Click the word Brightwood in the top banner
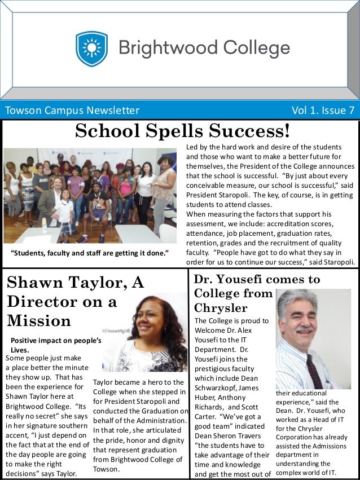coord(162,49)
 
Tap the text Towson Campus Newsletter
coord(72,110)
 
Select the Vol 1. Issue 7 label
coord(323,110)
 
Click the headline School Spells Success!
coord(182,131)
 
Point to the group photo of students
coord(90,195)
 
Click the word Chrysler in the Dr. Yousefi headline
coord(221,307)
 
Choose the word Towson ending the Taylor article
coord(106,469)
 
